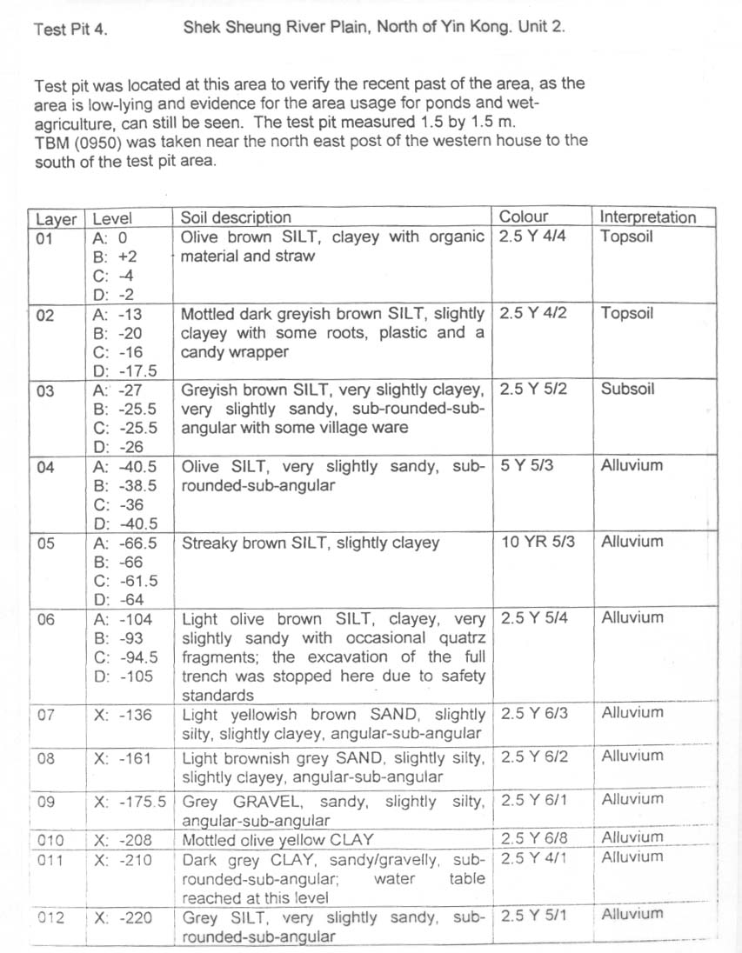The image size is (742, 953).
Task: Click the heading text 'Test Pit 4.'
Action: pos(71,30)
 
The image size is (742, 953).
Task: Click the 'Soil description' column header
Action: pos(236,217)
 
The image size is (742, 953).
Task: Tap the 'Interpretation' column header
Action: pos(648,217)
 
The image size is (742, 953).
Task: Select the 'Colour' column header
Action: pos(524,217)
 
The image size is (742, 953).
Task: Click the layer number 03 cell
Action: pos(45,390)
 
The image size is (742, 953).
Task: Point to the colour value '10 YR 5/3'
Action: pos(538,542)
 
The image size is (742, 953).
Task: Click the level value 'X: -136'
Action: pos(123,715)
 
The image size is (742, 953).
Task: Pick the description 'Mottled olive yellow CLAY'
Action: pos(277,840)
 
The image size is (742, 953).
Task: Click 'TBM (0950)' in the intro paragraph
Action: pos(76,141)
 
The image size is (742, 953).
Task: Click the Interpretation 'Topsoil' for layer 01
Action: pos(626,237)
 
